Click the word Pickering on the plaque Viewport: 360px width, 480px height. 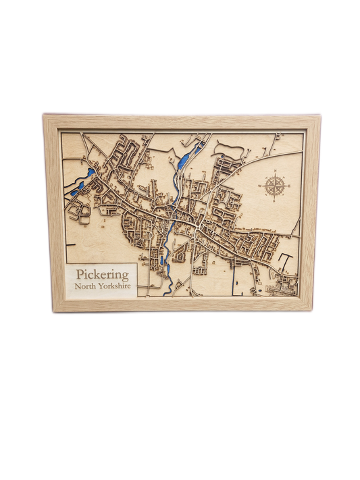(x=103, y=275)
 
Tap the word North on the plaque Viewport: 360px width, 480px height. (x=90, y=288)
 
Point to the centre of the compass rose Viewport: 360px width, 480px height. (x=275, y=186)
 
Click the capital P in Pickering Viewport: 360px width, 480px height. (x=81, y=275)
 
